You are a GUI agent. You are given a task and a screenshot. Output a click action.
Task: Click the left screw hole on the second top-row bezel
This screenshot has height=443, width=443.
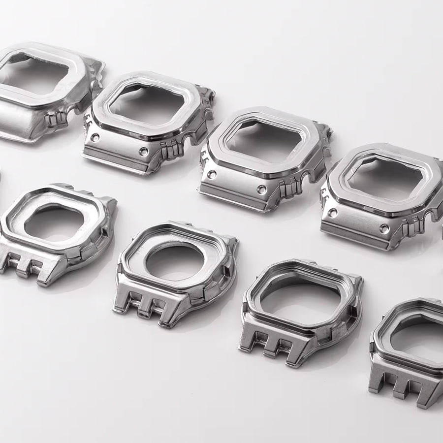coord(95,137)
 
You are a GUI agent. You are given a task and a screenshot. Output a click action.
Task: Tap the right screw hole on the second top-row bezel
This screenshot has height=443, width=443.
coord(143,152)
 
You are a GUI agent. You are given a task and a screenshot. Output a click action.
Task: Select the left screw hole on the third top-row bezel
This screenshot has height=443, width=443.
coord(212,174)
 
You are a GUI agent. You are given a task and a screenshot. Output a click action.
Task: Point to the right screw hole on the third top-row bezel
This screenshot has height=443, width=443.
coord(261,190)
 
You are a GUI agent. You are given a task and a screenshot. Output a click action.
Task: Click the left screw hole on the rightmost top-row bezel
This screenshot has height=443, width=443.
coord(333,213)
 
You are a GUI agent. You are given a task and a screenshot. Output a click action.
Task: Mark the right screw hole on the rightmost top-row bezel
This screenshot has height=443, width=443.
coord(384,228)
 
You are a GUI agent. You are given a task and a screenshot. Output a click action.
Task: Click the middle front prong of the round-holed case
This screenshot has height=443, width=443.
coord(146,308)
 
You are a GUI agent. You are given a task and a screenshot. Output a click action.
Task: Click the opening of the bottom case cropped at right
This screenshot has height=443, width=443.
coord(418,335)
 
